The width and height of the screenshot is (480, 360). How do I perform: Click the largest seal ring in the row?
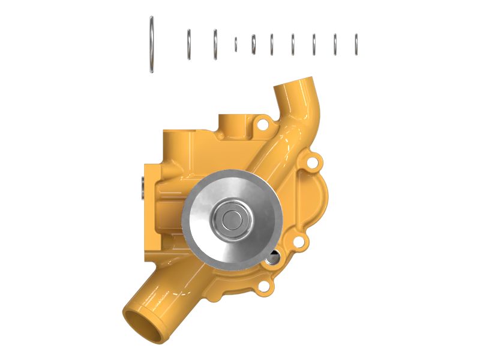pos(152,45)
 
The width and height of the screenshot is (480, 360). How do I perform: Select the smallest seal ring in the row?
pos(236,44)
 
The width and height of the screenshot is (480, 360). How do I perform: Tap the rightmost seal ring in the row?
pos(356,44)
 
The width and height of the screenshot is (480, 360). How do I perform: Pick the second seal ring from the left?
pos(188,44)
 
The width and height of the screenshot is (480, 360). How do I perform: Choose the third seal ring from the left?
pos(215,44)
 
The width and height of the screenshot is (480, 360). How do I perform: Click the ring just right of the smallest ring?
pos(253,44)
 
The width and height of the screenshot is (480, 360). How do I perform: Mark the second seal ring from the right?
pos(335,44)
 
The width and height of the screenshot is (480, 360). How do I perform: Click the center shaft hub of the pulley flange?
pos(232,219)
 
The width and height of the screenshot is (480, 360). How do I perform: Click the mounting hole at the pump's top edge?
pos(262,125)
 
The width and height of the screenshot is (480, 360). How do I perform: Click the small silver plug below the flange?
pos(274,259)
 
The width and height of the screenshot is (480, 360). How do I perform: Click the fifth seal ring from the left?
pos(253,44)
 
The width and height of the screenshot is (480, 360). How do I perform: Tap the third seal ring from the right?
pos(314,44)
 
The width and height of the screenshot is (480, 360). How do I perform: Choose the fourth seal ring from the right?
pos(293,44)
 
